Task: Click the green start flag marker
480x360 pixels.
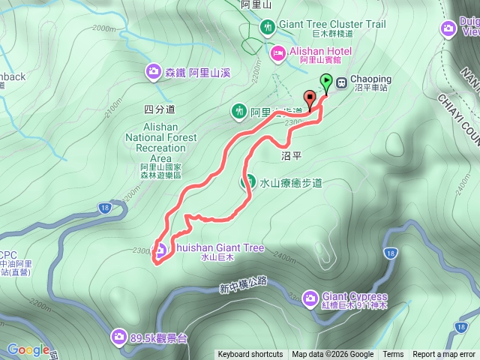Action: (326, 82)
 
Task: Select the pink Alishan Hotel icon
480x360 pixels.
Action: (277, 52)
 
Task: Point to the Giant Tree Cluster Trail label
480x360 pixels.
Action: (331, 25)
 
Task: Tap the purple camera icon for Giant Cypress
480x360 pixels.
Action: (310, 299)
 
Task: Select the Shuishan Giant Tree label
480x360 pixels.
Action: (217, 247)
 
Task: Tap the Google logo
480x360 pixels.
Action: (28, 349)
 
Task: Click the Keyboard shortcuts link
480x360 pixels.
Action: (250, 355)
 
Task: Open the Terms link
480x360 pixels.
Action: (393, 355)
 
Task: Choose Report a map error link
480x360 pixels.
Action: (444, 355)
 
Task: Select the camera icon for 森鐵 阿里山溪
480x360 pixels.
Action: (153, 71)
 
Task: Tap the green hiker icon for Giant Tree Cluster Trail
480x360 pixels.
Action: (267, 28)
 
